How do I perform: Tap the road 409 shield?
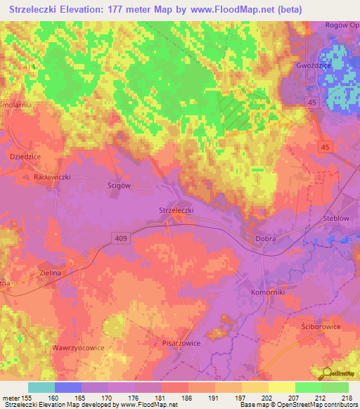pos(122,239)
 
